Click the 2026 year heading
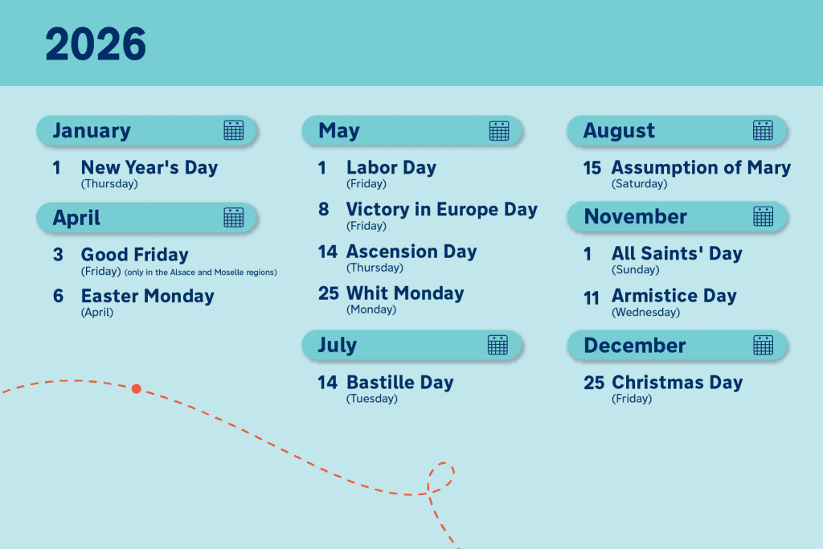[x=96, y=44]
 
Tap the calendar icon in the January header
[x=233, y=130]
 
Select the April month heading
[x=76, y=218]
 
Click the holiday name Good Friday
[x=134, y=255]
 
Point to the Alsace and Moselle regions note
[x=200, y=272]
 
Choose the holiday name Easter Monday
[x=147, y=296]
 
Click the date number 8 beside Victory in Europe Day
[x=324, y=210]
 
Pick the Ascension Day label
[x=411, y=252]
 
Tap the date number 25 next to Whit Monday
[x=328, y=293]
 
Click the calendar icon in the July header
[x=497, y=345]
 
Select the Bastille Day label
[x=399, y=383]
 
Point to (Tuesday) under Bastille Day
[x=372, y=399]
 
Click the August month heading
[x=619, y=130]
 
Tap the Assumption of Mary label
[x=701, y=168]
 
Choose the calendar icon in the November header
[x=763, y=216]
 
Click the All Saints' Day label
[x=677, y=254]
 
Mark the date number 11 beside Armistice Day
[x=592, y=297]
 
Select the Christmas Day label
[x=677, y=383]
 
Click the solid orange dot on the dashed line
[x=137, y=389]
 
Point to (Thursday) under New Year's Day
[x=109, y=184]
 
